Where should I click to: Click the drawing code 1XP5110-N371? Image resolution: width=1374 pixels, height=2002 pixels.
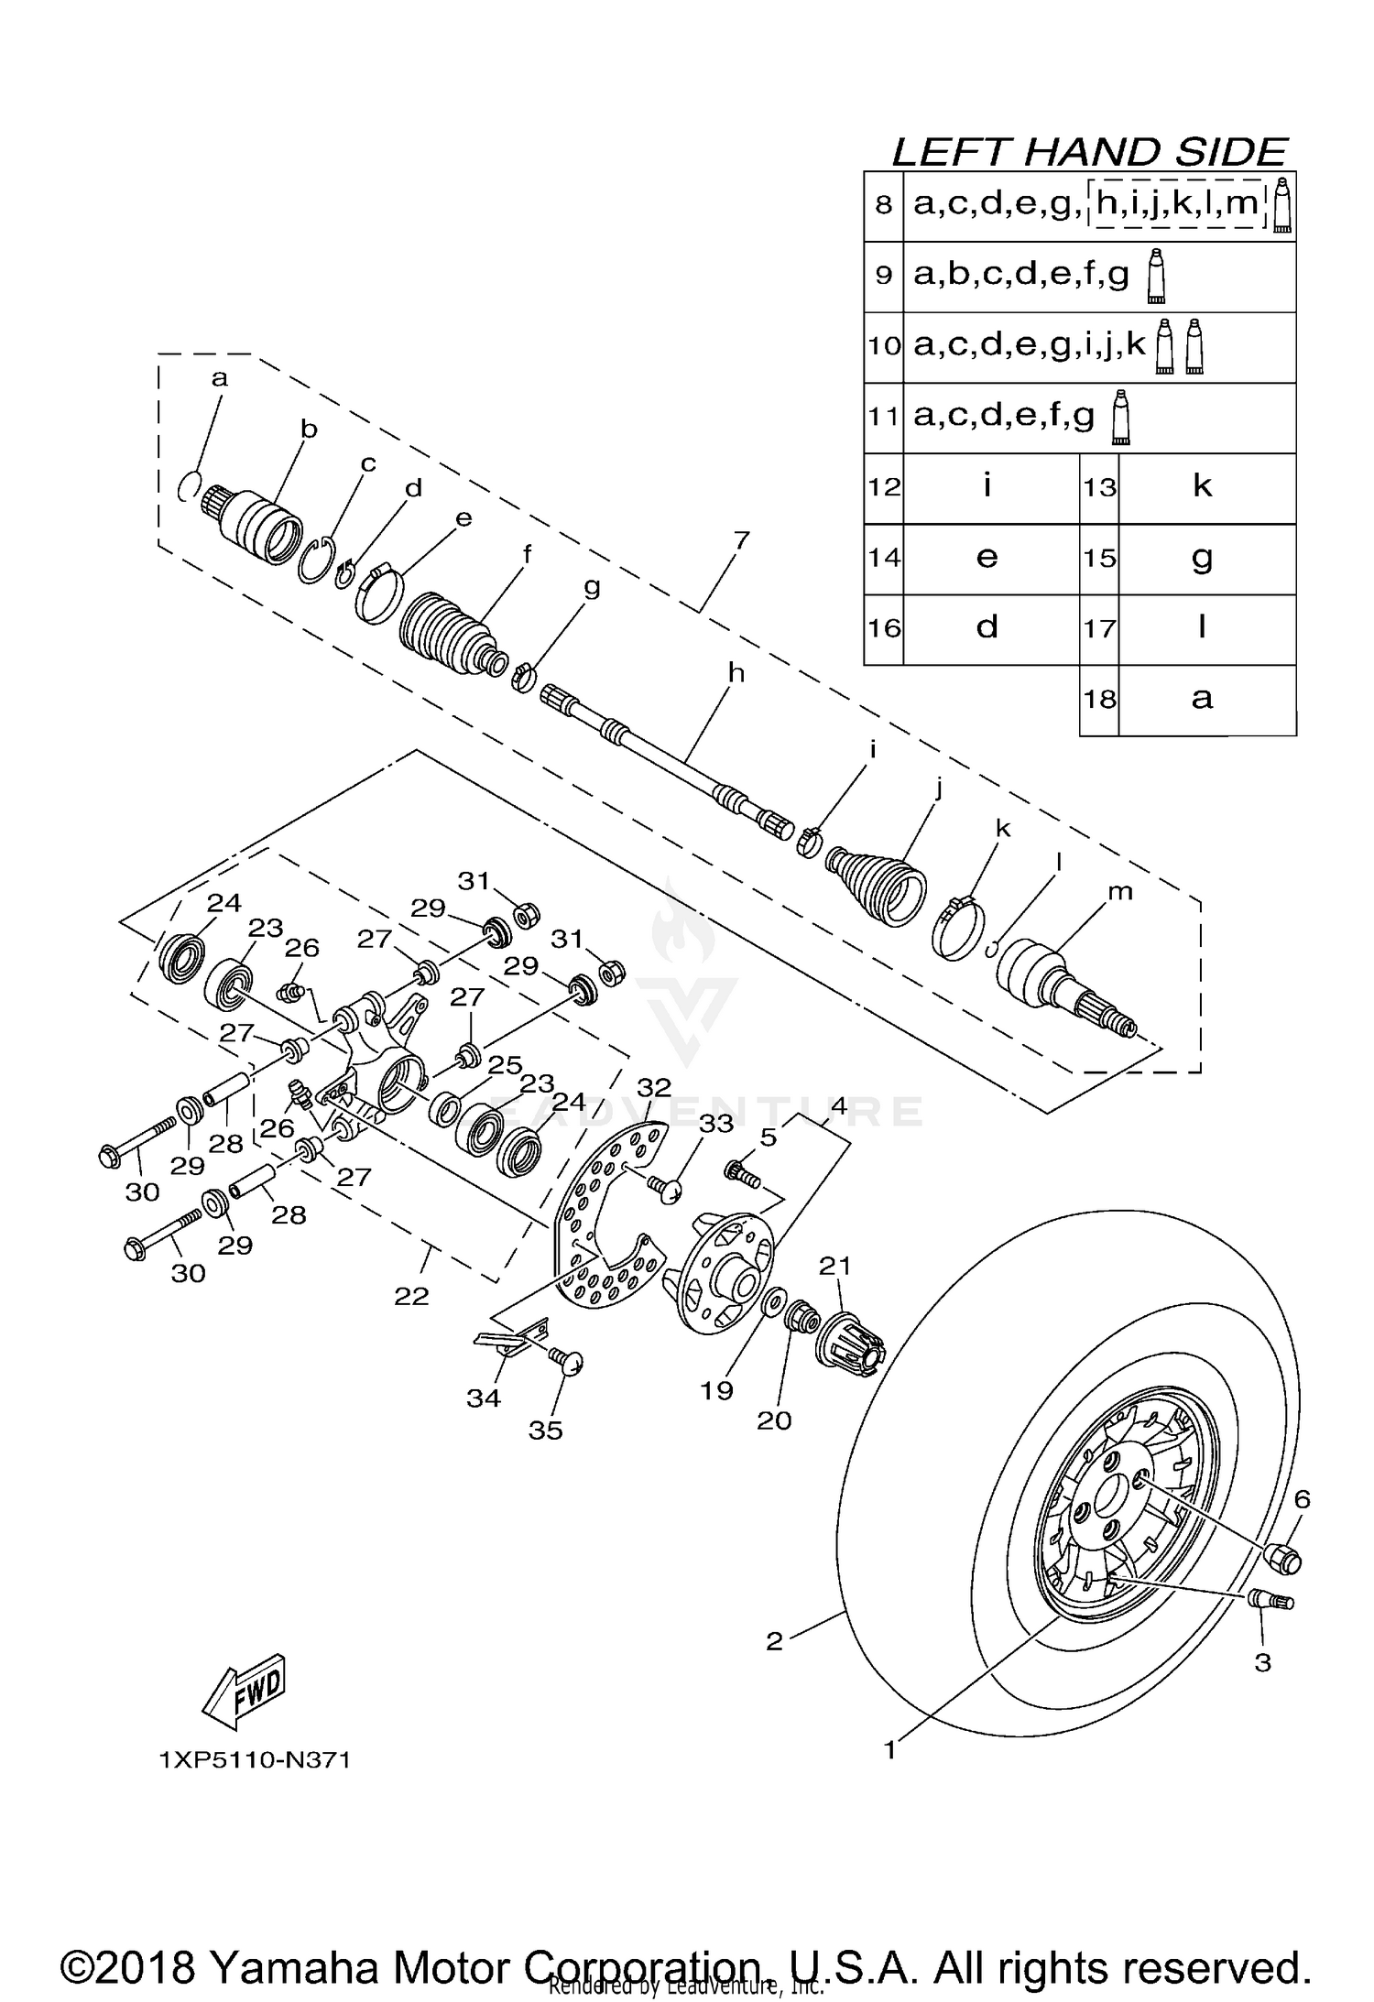pos(255,1760)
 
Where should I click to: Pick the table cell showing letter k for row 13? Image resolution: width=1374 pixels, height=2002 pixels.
pos(1203,486)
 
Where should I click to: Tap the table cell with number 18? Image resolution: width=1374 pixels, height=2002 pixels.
pos(1099,699)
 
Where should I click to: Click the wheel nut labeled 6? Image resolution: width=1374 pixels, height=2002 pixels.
pos(1281,1557)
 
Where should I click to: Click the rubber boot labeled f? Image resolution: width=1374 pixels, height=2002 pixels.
pos(447,632)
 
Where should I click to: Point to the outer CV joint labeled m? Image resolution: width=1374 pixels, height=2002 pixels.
pos(1063,989)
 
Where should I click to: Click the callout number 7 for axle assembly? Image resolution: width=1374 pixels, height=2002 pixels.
pos(740,540)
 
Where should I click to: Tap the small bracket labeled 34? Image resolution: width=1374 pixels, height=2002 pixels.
pos(513,1338)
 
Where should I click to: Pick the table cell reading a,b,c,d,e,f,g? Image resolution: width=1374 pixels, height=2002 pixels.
pos(1021,275)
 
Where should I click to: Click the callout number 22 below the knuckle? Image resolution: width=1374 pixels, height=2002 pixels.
pos(411,1296)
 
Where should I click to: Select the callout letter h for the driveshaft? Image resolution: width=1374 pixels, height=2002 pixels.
pos(736,673)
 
